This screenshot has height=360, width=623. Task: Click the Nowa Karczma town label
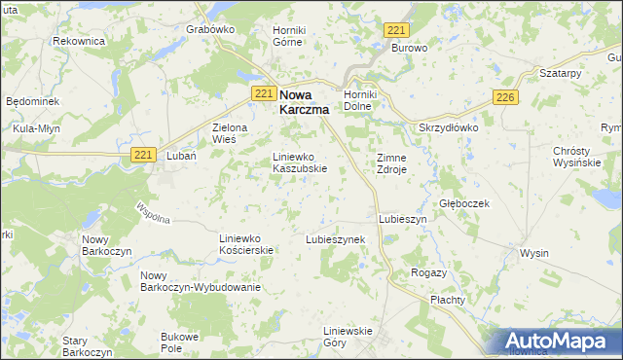click(304, 102)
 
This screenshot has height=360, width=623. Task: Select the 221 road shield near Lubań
click(143, 155)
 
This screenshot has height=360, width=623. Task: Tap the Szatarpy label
click(560, 73)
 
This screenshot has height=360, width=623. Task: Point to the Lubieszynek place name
click(335, 238)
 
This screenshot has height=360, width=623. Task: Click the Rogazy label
click(429, 272)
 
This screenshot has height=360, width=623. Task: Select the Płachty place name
click(449, 300)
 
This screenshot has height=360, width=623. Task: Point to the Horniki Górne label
click(289, 36)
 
